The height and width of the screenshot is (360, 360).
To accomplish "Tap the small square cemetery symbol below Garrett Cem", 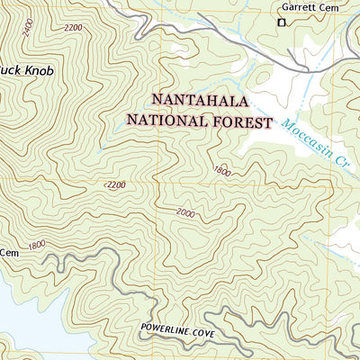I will (281, 22).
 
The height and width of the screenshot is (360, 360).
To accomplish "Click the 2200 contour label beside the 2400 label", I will (73, 29).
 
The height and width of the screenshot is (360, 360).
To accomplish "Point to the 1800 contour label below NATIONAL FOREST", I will (221, 170).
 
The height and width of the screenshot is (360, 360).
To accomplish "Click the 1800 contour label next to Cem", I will (37, 245).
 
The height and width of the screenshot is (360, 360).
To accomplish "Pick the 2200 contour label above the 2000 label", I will (116, 184).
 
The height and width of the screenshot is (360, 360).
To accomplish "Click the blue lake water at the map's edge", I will (22, 324).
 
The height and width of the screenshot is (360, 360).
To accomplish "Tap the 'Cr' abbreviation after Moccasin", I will (339, 162).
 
